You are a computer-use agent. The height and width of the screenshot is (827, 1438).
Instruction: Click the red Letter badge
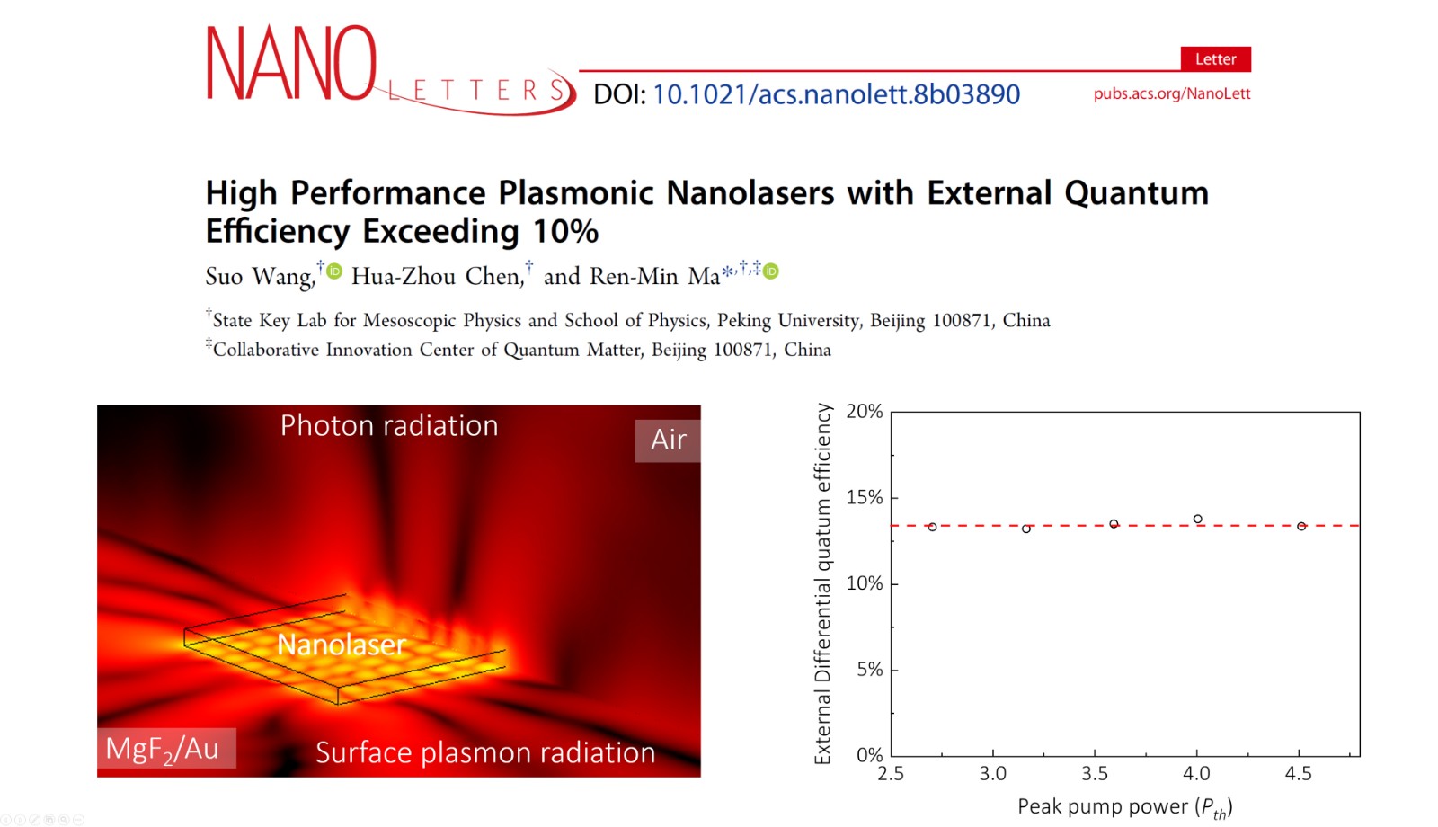1215,59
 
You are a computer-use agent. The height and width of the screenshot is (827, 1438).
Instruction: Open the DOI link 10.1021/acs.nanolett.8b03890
836,94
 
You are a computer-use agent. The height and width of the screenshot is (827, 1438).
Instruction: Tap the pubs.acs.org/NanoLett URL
1171,93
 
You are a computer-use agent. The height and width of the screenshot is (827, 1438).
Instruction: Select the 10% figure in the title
565,232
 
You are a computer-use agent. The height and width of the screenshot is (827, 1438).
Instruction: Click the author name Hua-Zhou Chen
437,276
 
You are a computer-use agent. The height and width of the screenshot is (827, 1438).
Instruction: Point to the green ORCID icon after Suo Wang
333,271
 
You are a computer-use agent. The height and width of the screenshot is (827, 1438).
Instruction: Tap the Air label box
668,440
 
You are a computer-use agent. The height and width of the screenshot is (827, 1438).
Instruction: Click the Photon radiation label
388,425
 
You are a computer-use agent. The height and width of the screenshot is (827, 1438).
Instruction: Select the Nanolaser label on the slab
342,644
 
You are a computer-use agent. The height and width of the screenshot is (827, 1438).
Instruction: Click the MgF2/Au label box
165,748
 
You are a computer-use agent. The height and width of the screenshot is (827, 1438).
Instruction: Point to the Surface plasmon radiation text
485,752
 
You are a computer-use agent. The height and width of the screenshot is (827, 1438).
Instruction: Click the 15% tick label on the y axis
865,497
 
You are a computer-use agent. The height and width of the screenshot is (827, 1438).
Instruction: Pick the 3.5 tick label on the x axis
1095,774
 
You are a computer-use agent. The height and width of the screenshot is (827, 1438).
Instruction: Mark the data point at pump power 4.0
1198,520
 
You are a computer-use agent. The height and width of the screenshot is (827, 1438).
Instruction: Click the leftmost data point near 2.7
932,527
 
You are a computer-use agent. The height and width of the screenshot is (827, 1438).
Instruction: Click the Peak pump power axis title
1123,807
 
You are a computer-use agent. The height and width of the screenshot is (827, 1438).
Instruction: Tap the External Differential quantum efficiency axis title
822,584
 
